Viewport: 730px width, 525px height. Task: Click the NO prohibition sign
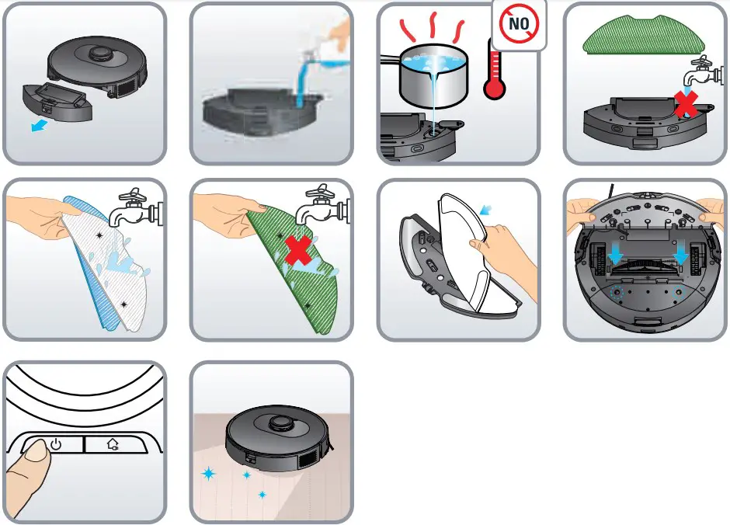pyautogui.click(x=519, y=24)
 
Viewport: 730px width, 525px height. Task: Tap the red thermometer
pyautogui.click(x=494, y=78)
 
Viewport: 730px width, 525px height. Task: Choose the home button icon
pyautogui.click(x=113, y=445)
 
